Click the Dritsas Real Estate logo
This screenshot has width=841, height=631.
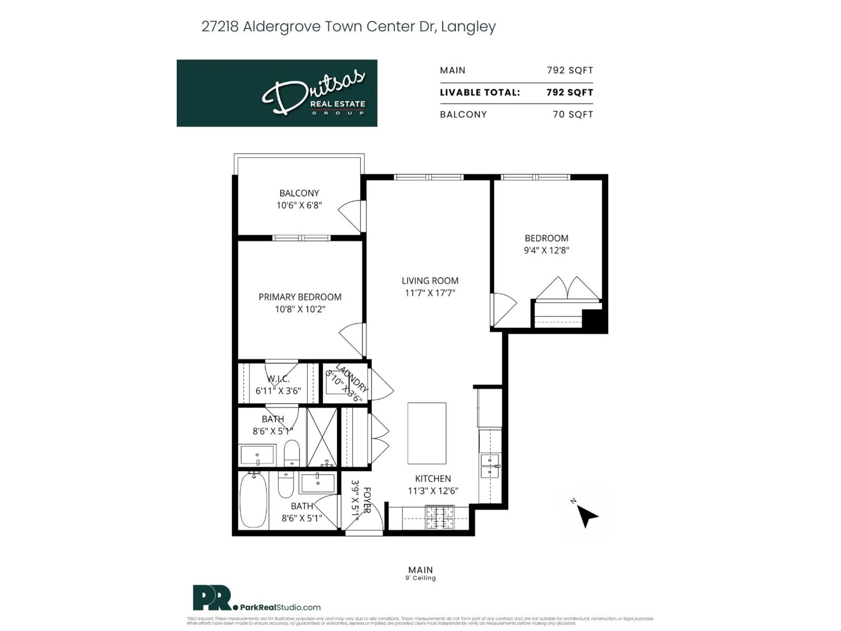pyautogui.click(x=277, y=93)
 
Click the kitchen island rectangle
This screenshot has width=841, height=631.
pyautogui.click(x=427, y=433)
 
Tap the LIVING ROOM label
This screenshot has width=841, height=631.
pyautogui.click(x=430, y=281)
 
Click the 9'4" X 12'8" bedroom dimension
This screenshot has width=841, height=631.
pyautogui.click(x=546, y=250)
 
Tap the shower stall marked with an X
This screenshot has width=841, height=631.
pyautogui.click(x=322, y=437)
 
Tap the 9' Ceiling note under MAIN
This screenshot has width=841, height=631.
pyautogui.click(x=420, y=578)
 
